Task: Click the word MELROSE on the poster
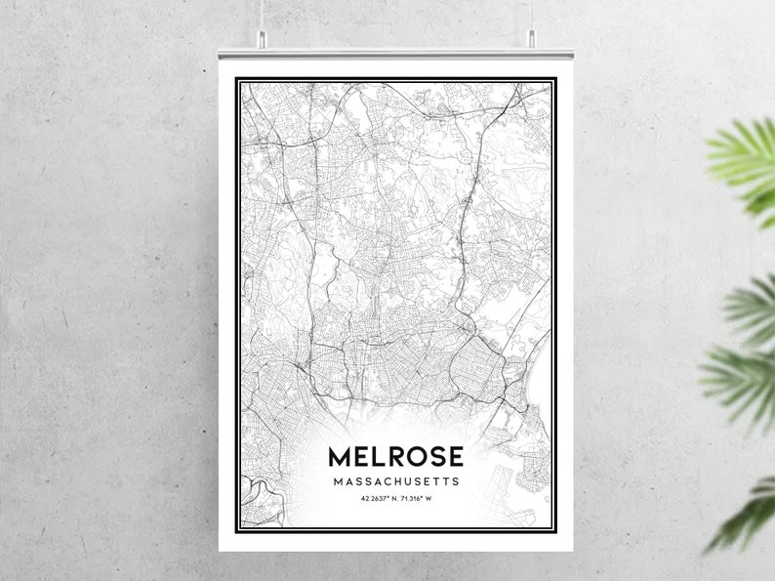(x=395, y=456)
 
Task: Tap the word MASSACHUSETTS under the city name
(x=395, y=481)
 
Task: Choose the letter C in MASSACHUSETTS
(x=383, y=481)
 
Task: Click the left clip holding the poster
(x=262, y=39)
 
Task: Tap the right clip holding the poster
(x=531, y=39)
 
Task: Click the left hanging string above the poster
(x=262, y=14)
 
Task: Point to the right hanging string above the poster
(x=531, y=14)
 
